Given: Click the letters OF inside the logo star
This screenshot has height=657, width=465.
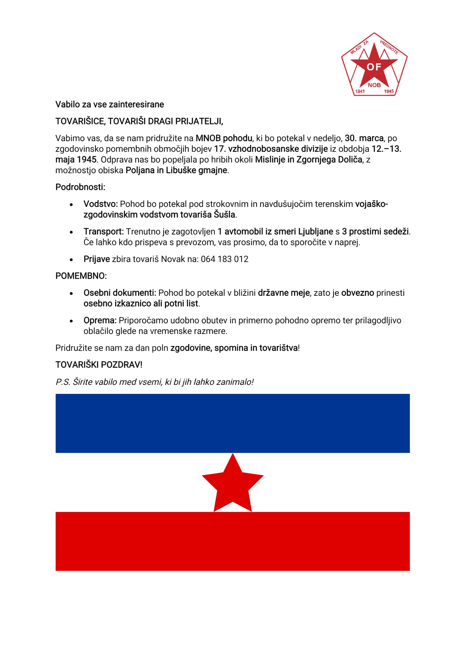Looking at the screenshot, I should [x=374, y=67].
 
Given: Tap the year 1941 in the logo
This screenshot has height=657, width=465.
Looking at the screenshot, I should [x=360, y=91].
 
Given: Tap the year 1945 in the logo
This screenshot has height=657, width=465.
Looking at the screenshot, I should [x=389, y=91].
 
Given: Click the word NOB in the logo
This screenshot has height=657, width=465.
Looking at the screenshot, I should [x=374, y=85].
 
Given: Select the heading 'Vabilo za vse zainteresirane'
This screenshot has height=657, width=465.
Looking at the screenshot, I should [x=110, y=104].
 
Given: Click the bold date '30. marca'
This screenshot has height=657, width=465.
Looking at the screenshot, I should [x=364, y=138].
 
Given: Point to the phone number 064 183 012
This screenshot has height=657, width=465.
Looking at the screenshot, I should [x=224, y=259].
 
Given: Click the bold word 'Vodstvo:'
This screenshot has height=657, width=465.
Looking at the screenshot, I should [x=101, y=204].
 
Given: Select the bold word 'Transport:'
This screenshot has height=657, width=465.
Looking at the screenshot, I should [x=103, y=232].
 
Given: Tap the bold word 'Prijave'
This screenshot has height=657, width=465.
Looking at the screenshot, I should [x=97, y=259].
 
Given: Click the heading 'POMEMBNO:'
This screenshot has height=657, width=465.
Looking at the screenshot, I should [x=81, y=276].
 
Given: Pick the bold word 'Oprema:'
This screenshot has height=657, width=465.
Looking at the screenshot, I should [x=100, y=320].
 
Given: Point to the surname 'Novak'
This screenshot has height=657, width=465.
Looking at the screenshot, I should [x=173, y=259].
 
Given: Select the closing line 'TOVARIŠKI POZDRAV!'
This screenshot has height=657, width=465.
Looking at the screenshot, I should [x=99, y=365].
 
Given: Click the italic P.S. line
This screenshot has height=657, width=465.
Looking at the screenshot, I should [x=154, y=382].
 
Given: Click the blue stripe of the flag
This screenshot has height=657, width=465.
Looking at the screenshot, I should [x=232, y=423].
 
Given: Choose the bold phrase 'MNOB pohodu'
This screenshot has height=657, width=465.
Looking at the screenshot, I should [x=224, y=138].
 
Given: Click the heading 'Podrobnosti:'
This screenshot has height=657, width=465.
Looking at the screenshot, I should [x=80, y=187].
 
